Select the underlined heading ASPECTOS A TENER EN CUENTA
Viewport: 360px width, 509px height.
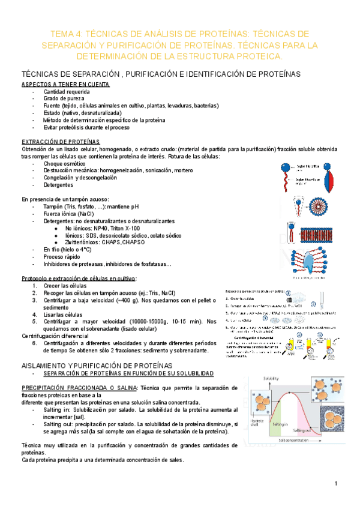(65, 84)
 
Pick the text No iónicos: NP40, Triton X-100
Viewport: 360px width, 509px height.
(102, 228)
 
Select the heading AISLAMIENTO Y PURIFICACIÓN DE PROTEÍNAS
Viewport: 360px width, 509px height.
(97, 365)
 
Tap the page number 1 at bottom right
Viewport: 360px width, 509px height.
(337, 484)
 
